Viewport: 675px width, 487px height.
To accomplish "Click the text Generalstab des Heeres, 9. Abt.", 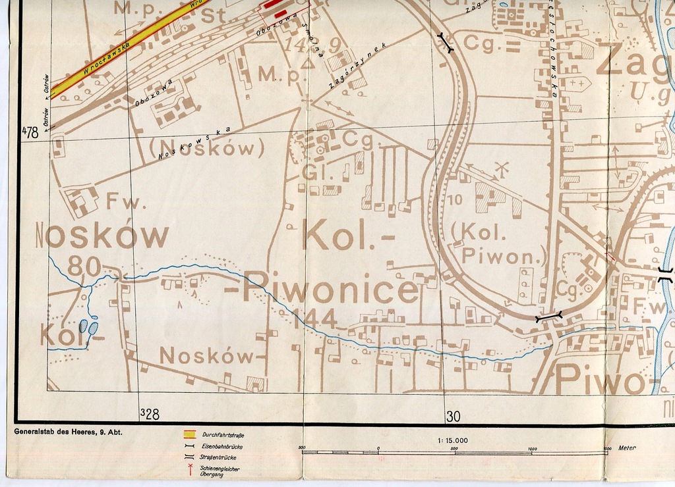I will (67, 432).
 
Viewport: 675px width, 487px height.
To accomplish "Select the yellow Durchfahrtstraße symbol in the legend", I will (189, 434).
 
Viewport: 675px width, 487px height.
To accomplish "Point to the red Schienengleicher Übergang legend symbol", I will (189, 469).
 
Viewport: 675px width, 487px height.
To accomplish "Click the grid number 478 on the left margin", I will (30, 132).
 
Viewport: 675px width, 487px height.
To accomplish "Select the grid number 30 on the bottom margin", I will (453, 416).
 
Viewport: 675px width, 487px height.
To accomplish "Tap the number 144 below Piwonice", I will (314, 319).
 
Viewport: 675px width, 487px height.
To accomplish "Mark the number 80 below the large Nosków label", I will (84, 266).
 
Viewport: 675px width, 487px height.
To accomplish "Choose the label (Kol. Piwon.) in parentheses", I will (501, 244).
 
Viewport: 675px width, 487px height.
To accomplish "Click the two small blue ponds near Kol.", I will (88, 326).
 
